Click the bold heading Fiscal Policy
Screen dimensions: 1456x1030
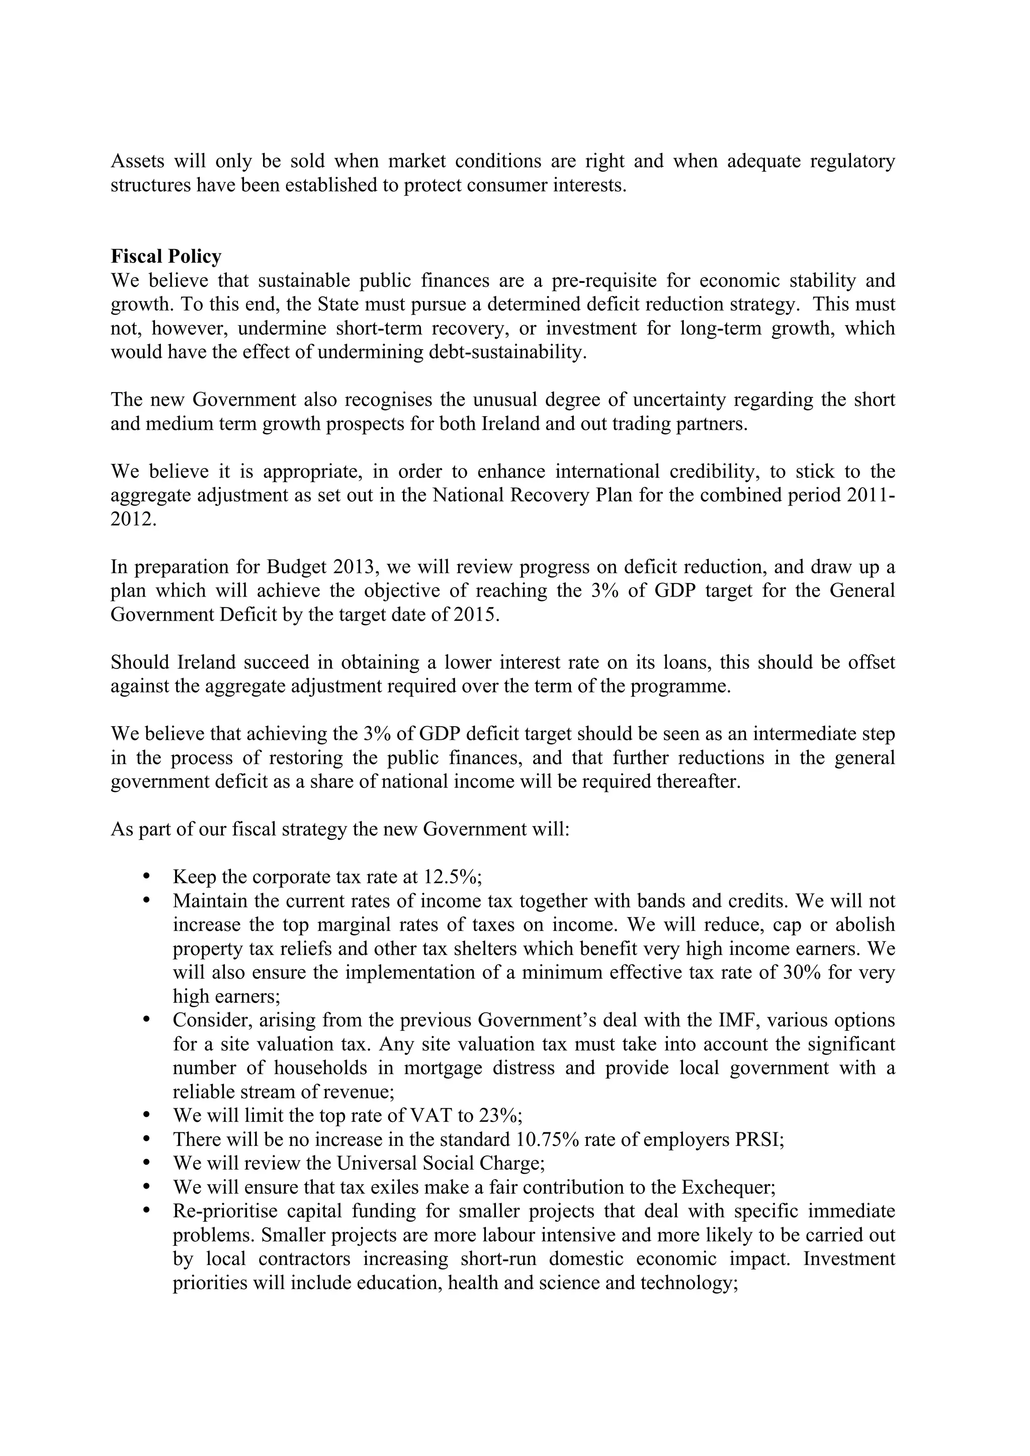click(166, 256)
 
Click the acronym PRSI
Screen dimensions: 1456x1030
click(759, 1139)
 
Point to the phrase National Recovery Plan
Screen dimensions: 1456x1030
click(532, 495)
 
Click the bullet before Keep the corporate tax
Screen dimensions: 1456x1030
click(146, 877)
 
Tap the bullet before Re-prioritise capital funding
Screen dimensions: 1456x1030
click(146, 1211)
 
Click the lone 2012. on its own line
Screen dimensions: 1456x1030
click(133, 519)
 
